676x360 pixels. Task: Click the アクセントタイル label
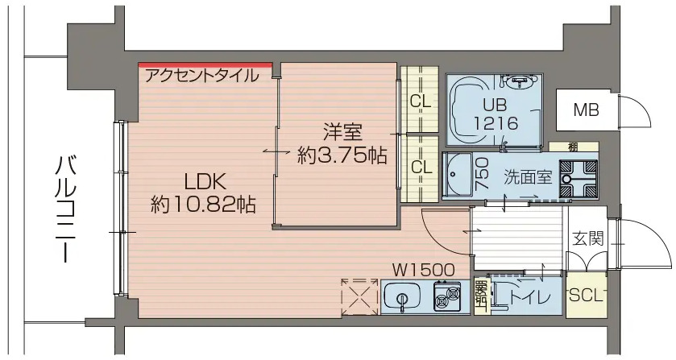pos(202,77)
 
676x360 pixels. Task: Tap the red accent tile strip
pos(205,65)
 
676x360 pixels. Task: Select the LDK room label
pos(204,180)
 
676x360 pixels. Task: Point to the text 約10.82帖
pos(203,205)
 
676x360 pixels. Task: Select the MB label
pos(586,110)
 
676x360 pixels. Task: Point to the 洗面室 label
pos(528,177)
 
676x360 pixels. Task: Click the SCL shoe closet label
pos(586,295)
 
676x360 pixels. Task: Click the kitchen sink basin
pos(403,299)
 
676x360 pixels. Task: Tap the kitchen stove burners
pos(446,298)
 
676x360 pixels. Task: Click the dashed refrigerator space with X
pos(359,296)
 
